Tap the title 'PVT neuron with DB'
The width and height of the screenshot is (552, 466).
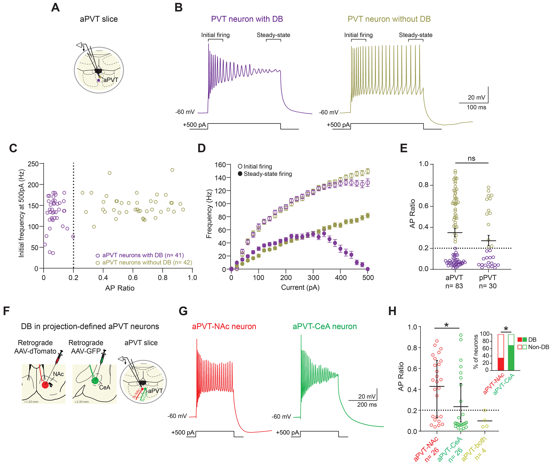pos(247,19)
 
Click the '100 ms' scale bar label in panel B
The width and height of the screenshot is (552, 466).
pos(476,107)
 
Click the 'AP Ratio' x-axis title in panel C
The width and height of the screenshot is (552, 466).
pos(120,288)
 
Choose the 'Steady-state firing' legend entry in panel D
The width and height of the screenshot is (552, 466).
pos(265,174)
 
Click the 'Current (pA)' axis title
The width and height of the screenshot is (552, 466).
pos(300,287)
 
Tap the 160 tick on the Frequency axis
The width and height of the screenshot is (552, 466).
pos(220,165)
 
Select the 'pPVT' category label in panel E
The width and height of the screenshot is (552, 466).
pos(488,278)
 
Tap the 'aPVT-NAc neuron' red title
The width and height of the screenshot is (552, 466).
pos(224,327)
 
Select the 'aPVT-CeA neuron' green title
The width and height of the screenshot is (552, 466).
pos(325,327)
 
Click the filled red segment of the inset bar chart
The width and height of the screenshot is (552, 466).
pos(501,364)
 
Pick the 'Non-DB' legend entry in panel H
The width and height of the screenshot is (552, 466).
pos(533,347)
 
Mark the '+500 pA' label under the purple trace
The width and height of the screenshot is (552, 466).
pos(194,125)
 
